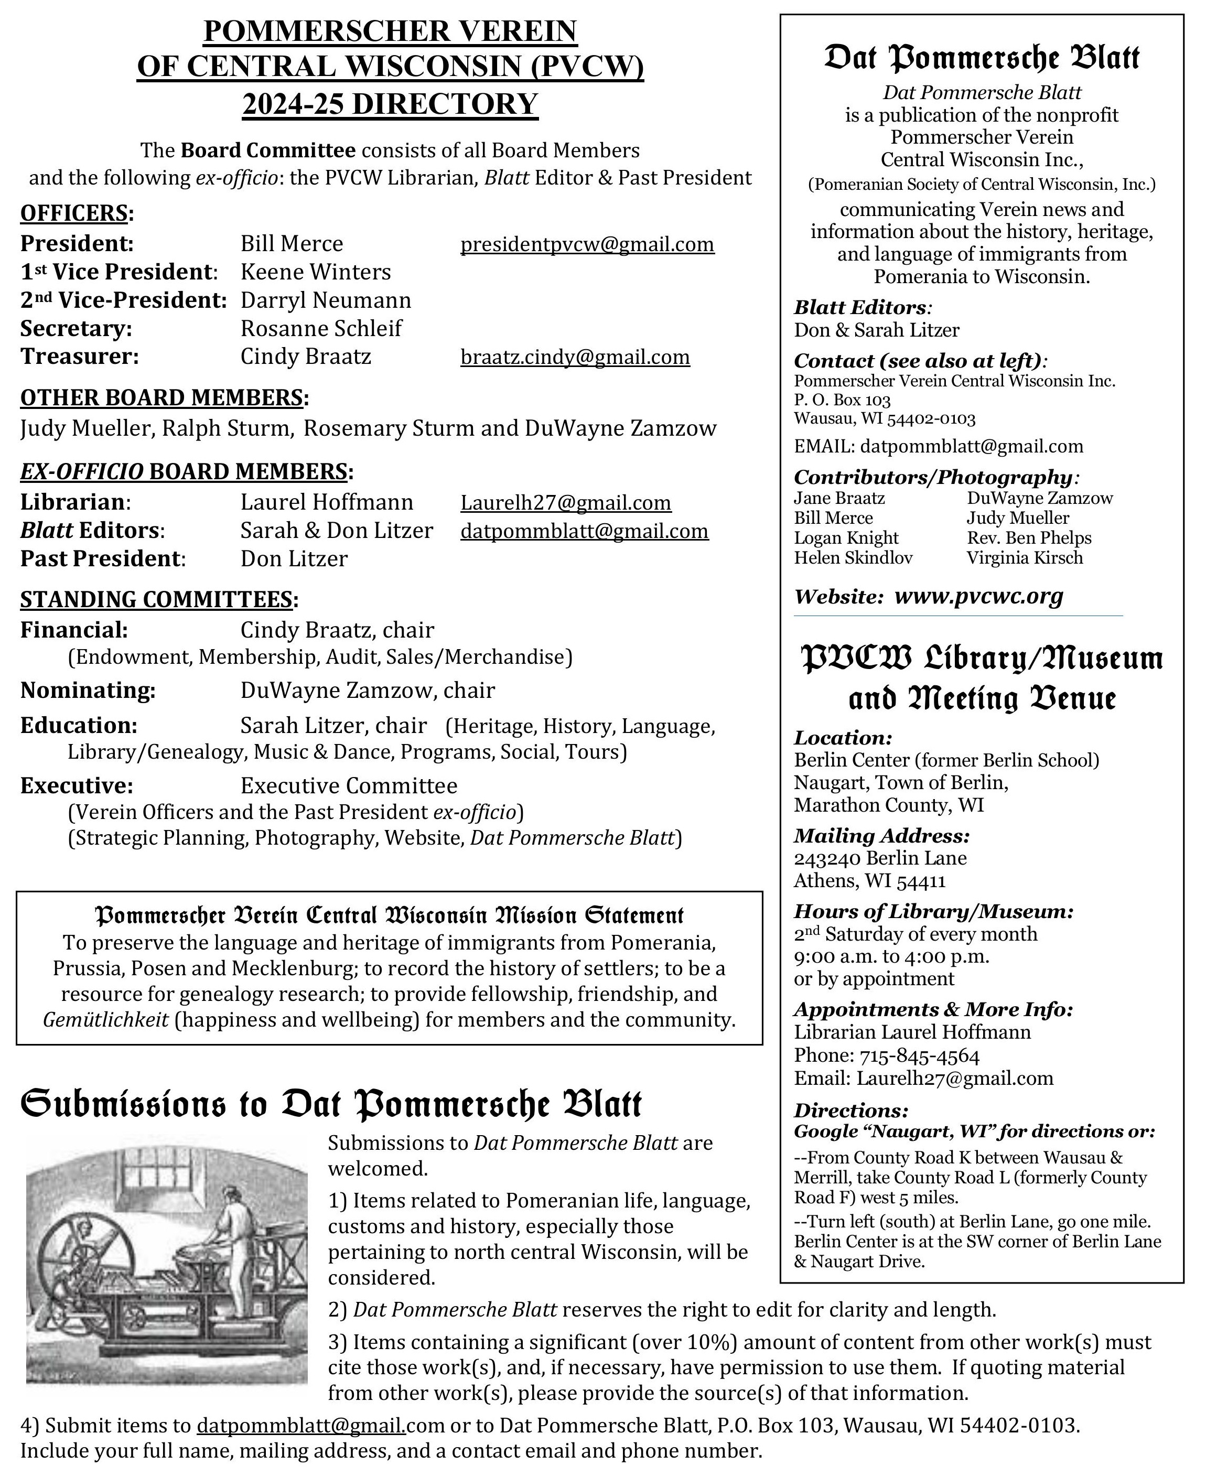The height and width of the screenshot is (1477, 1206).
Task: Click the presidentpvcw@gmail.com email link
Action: pyautogui.click(x=587, y=244)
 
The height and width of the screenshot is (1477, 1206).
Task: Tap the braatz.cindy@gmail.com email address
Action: pyautogui.click(x=575, y=357)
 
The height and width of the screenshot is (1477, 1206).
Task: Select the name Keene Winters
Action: pyautogui.click(x=315, y=272)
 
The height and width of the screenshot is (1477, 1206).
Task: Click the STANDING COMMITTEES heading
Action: pyautogui.click(x=156, y=599)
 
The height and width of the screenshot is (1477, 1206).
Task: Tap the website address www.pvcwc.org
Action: pyautogui.click(x=978, y=596)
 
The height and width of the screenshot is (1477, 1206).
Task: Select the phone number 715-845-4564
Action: pyautogui.click(x=920, y=1056)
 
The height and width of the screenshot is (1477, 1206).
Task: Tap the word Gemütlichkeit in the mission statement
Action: pyautogui.click(x=105, y=1020)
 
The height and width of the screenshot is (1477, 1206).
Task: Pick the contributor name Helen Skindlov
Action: pyautogui.click(x=853, y=558)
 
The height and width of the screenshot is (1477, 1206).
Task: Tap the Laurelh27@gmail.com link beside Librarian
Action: pyautogui.click(x=565, y=503)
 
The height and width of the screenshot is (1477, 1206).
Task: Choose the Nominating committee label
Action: pyautogui.click(x=88, y=691)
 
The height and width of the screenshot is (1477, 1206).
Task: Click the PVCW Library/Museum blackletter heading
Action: pyautogui.click(x=982, y=659)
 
